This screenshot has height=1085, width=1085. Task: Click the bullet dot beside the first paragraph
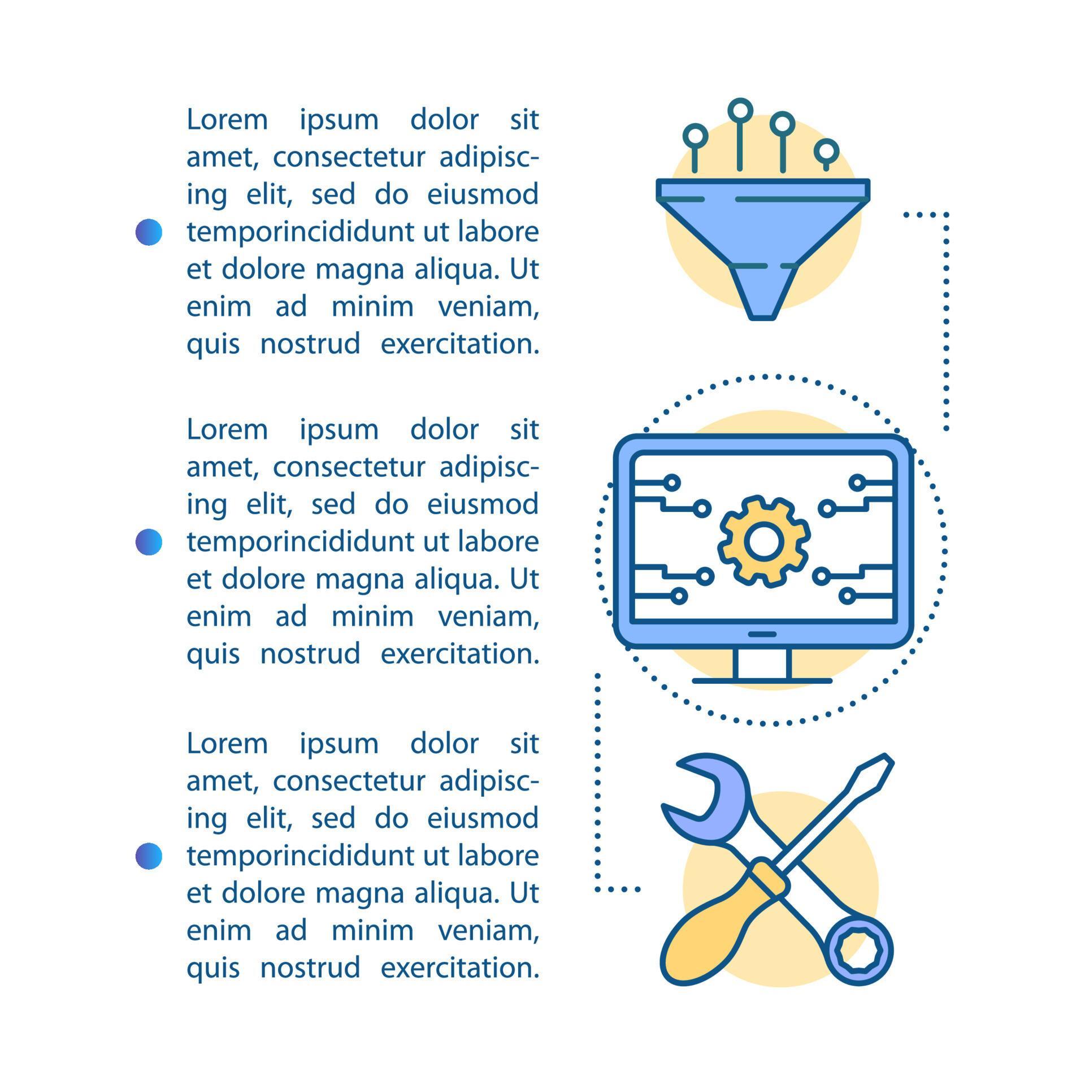(149, 232)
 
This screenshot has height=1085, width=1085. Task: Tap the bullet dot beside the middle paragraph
(149, 542)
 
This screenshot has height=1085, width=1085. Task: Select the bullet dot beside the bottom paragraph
(149, 856)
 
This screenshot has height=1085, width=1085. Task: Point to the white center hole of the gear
(763, 541)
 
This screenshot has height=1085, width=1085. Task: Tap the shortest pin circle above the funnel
(826, 151)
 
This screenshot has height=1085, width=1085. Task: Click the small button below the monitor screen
(762, 634)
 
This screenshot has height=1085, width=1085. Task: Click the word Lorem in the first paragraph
(227, 120)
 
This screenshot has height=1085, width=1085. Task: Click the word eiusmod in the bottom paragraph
(483, 819)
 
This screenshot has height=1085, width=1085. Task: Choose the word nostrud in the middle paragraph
(310, 654)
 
